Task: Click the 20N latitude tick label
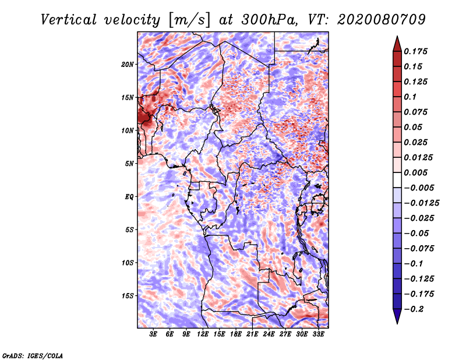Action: tap(128, 64)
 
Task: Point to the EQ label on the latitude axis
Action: tap(129, 197)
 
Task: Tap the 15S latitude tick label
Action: tap(128, 296)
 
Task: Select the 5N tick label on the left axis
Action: tap(130, 164)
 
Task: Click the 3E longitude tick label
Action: tap(153, 334)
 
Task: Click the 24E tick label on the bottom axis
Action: tap(269, 334)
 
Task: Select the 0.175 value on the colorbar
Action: tap(417, 51)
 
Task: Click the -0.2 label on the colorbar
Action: tap(415, 309)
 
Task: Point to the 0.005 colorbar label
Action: tap(417, 172)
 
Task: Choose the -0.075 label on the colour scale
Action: tap(419, 248)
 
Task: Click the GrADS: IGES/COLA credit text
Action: tap(32, 355)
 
